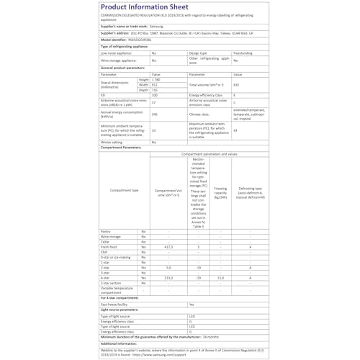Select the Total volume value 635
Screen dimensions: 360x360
coord(236,85)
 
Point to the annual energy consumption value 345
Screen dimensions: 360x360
coord(155,114)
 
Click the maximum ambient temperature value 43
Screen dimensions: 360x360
coord(236,130)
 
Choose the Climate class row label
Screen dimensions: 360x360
coord(200,114)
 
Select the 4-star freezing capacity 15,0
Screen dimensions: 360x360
coord(220,277)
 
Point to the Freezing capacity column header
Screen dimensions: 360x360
coord(220,191)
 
